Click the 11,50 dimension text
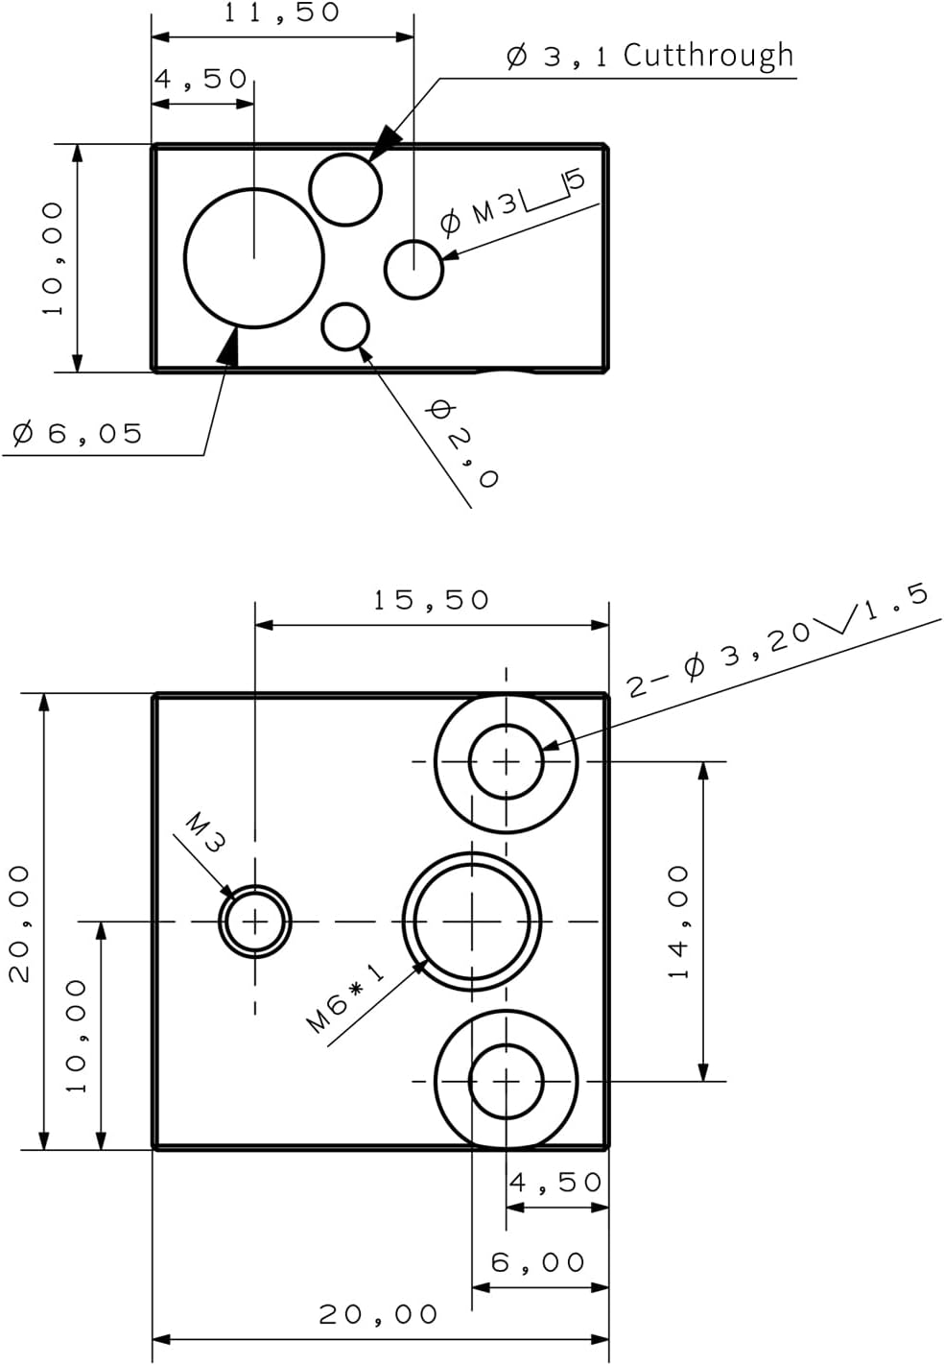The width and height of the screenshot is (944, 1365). (x=281, y=13)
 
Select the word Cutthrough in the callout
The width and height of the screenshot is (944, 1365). (x=708, y=57)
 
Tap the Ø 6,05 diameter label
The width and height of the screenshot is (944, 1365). (x=78, y=434)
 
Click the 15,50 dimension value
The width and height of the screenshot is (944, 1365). (x=431, y=601)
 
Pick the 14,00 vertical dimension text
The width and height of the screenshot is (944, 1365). (x=679, y=922)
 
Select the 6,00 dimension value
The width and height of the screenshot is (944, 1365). (x=538, y=1262)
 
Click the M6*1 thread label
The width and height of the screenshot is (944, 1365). (x=345, y=999)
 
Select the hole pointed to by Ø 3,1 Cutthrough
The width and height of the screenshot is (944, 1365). (x=345, y=189)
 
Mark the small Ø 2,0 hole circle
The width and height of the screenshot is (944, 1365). (x=345, y=326)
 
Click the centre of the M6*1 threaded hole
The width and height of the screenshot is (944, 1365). (x=472, y=922)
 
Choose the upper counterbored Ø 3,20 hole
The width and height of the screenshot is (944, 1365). (x=506, y=761)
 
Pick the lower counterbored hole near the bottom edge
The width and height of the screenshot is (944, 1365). (x=506, y=1081)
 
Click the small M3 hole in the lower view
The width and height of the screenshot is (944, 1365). (x=254, y=922)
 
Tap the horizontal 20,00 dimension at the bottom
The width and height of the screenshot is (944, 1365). (x=378, y=1314)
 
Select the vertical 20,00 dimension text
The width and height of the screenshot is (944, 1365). (x=20, y=922)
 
